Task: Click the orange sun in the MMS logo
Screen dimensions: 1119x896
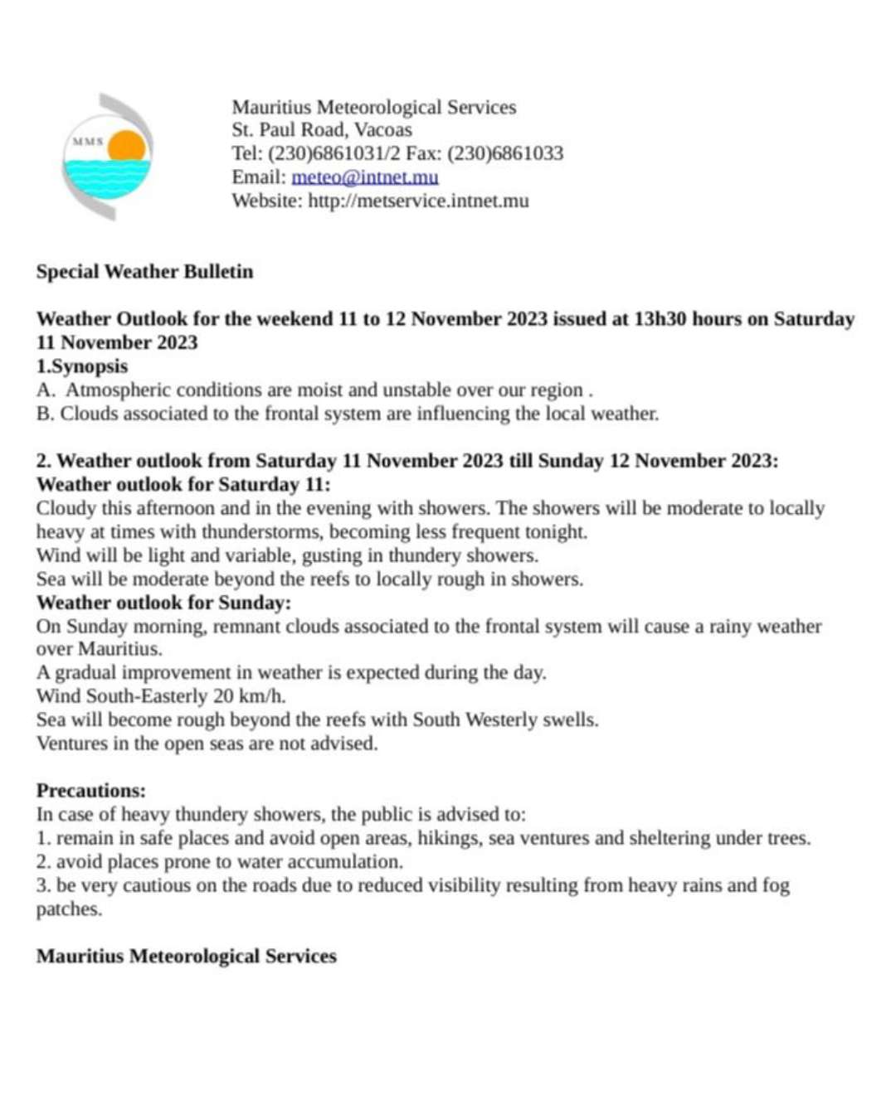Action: point(127,146)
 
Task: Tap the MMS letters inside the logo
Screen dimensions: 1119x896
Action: point(87,142)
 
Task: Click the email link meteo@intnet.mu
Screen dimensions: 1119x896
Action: point(364,177)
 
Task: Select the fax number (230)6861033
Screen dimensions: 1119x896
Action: point(505,153)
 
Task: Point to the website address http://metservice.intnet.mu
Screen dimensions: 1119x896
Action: point(418,201)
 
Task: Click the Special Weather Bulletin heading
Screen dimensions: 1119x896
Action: point(144,272)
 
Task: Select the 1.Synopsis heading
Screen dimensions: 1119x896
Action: point(82,366)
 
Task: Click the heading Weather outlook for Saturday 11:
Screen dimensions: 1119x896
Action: point(183,484)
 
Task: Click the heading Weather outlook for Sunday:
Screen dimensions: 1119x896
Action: point(163,603)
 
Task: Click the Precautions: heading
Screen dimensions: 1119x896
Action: point(90,791)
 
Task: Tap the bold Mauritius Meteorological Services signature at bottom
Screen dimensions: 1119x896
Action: point(186,957)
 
